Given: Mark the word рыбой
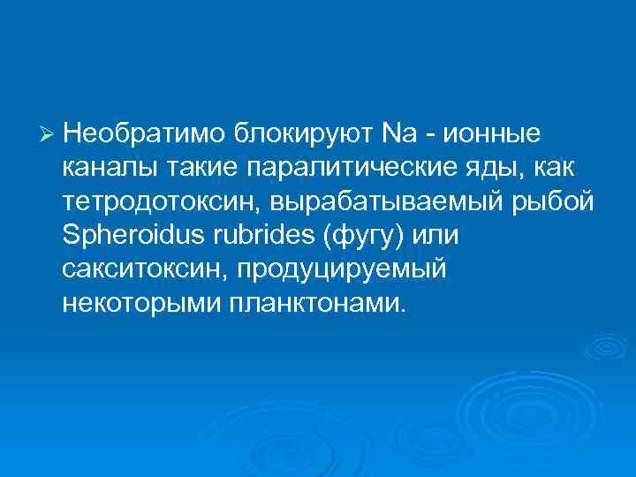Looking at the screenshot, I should click(x=559, y=202).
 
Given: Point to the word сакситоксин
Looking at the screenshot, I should click(x=142, y=269).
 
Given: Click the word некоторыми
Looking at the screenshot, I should click(x=141, y=303).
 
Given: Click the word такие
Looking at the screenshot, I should click(x=200, y=168).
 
